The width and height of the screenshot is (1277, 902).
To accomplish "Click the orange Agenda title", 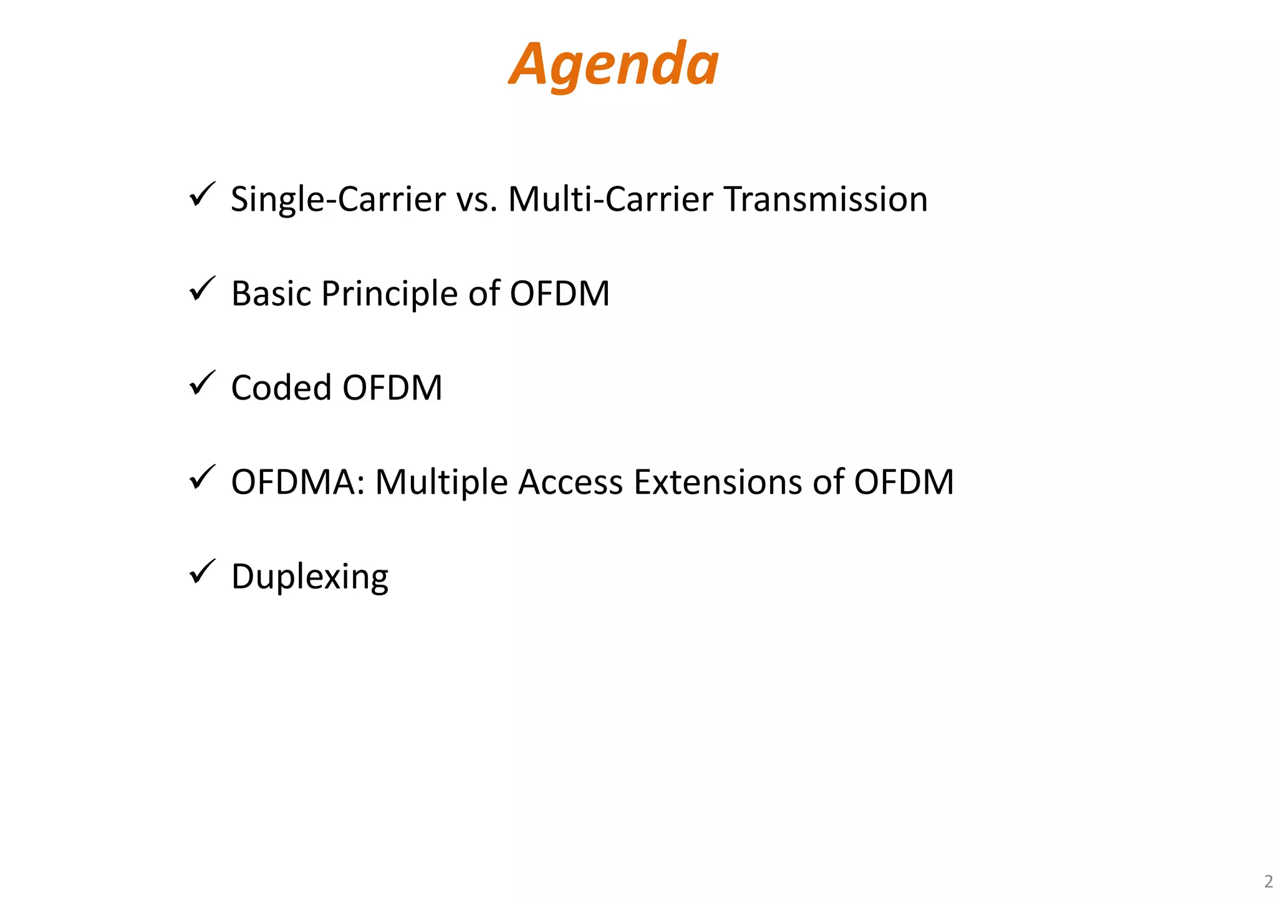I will (614, 65).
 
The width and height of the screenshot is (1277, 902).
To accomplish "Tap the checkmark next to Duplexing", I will (202, 572).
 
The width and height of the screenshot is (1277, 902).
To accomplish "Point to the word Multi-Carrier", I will (610, 199).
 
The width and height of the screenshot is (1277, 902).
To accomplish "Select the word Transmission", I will (826, 199).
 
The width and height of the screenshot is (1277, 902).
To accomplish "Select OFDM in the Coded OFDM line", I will (392, 388).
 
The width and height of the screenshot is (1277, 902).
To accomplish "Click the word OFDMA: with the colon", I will (297, 482).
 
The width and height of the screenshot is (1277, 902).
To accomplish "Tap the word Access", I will (570, 482).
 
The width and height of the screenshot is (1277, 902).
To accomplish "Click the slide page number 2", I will (1268, 881).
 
